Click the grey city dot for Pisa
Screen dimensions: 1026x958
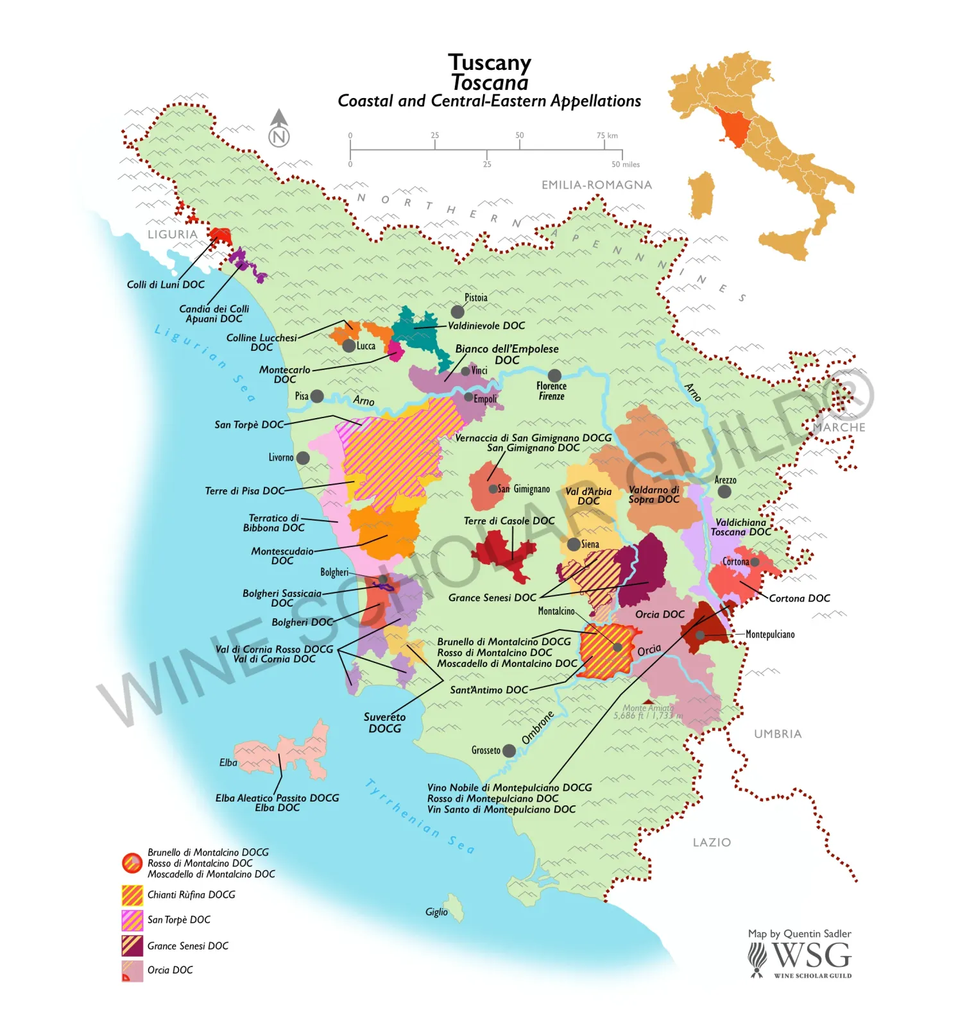(x=316, y=396)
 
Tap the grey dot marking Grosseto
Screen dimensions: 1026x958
(x=509, y=750)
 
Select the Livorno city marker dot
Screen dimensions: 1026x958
(x=303, y=458)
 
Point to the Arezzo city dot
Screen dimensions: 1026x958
(x=724, y=491)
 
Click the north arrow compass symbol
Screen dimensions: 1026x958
(x=279, y=129)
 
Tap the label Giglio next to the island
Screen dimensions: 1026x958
(x=436, y=912)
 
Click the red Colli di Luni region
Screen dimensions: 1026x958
(x=221, y=235)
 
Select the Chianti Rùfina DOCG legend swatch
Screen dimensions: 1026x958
(x=132, y=895)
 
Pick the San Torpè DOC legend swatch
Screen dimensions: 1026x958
(x=132, y=920)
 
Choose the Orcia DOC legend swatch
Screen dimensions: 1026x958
(x=132, y=971)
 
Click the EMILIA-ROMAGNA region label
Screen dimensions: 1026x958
(x=596, y=185)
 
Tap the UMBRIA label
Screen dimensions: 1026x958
(x=778, y=734)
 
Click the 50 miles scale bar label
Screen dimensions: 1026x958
(x=625, y=164)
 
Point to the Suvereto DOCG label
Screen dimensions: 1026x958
(x=384, y=723)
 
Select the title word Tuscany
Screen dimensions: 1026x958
(x=489, y=62)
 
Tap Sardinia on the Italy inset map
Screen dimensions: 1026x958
(x=701, y=195)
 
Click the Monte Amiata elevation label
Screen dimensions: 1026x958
(x=648, y=712)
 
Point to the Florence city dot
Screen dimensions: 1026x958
(x=554, y=375)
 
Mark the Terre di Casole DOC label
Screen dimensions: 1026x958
(x=509, y=521)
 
